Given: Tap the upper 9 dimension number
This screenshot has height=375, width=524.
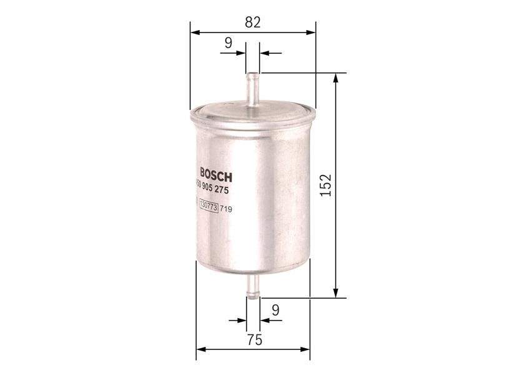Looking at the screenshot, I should [228, 42].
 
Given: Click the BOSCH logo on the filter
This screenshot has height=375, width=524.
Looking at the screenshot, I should [215, 173].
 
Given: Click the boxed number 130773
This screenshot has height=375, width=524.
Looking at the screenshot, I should [207, 209].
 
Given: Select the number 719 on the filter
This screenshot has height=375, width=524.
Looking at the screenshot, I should [225, 209].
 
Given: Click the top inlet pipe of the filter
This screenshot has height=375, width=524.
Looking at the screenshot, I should [253, 91].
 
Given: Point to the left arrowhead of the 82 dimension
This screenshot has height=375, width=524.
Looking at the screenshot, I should [194, 31].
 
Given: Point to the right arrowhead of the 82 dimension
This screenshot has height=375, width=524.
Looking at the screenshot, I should [312, 31].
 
